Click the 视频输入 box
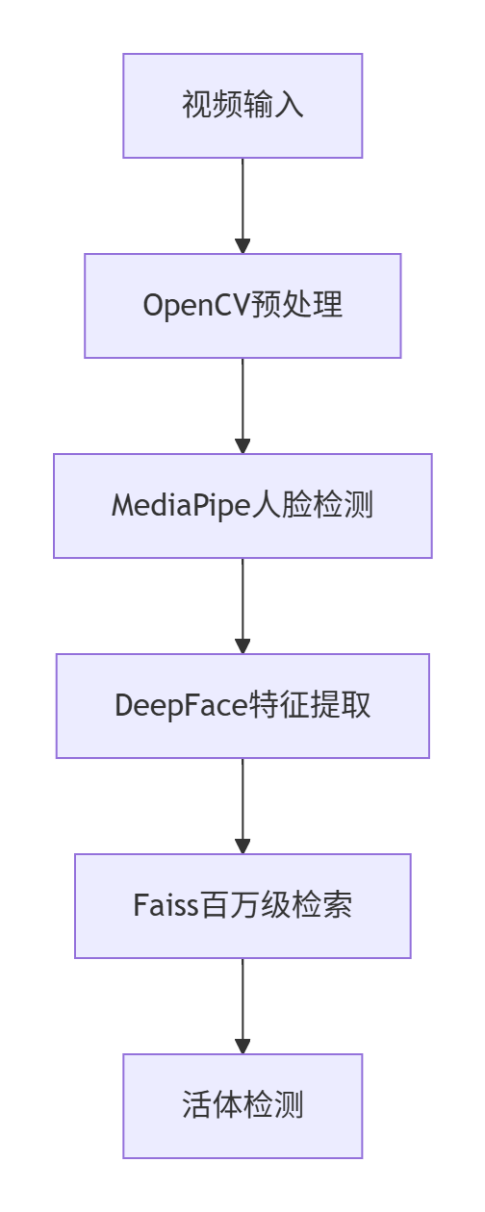242,106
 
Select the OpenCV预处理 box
242,306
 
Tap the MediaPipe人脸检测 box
242,506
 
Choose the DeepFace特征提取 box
242,706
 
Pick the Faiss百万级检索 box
242,906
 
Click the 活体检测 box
242,1106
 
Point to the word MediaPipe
181,506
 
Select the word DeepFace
181,706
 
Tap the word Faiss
166,906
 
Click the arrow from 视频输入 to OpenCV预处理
242,206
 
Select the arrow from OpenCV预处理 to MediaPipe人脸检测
242,406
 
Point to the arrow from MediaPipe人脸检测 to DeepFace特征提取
242,606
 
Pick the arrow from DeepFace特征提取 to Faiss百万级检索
242,806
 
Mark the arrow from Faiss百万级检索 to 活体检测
242,1006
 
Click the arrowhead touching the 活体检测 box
242,1046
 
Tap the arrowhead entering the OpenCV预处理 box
242,245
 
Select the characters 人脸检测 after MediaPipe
313,505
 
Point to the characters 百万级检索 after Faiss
275,906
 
